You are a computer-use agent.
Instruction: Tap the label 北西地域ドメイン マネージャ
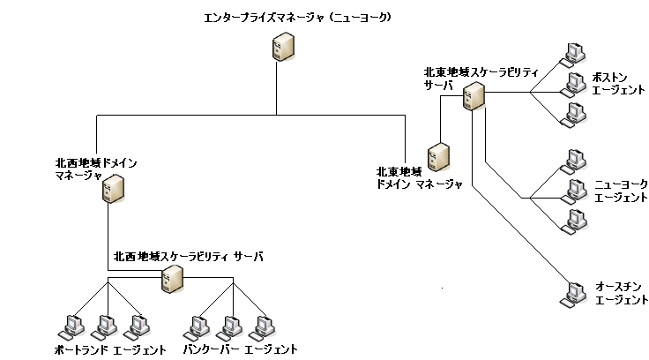[x=96, y=169]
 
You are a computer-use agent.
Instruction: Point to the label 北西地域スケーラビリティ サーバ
[x=189, y=256]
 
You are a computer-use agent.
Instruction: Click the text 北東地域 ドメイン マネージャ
[x=419, y=177]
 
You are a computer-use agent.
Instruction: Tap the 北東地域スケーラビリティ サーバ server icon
[x=474, y=95]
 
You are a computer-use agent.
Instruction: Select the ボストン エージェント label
[x=620, y=85]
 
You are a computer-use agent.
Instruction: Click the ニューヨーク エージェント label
[x=621, y=190]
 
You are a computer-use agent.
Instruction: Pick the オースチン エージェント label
[x=621, y=294]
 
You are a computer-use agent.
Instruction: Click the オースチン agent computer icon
[x=574, y=292]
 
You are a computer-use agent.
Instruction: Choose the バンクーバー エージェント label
[x=240, y=349]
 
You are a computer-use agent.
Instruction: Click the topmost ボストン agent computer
[x=574, y=53]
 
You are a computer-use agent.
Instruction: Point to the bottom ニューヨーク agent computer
[x=574, y=220]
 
